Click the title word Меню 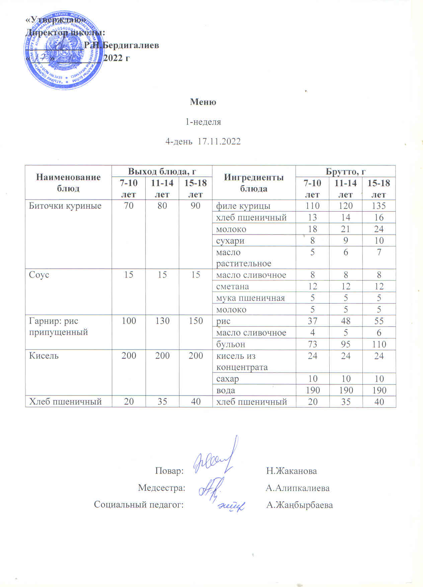(203, 102)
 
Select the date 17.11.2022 (219, 141)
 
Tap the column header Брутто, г (345, 172)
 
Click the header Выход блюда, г (162, 172)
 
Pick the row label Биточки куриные (65, 206)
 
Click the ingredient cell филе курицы (243, 206)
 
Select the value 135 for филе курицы (379, 206)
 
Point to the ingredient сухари (230, 241)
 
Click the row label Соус (39, 275)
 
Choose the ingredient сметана (233, 286)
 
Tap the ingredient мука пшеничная (250, 298)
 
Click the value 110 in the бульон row (379, 344)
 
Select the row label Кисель (44, 355)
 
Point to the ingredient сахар (228, 379)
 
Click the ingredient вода (226, 390)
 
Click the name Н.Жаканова (291, 471)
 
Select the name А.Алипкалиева (298, 488)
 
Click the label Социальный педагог (139, 505)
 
